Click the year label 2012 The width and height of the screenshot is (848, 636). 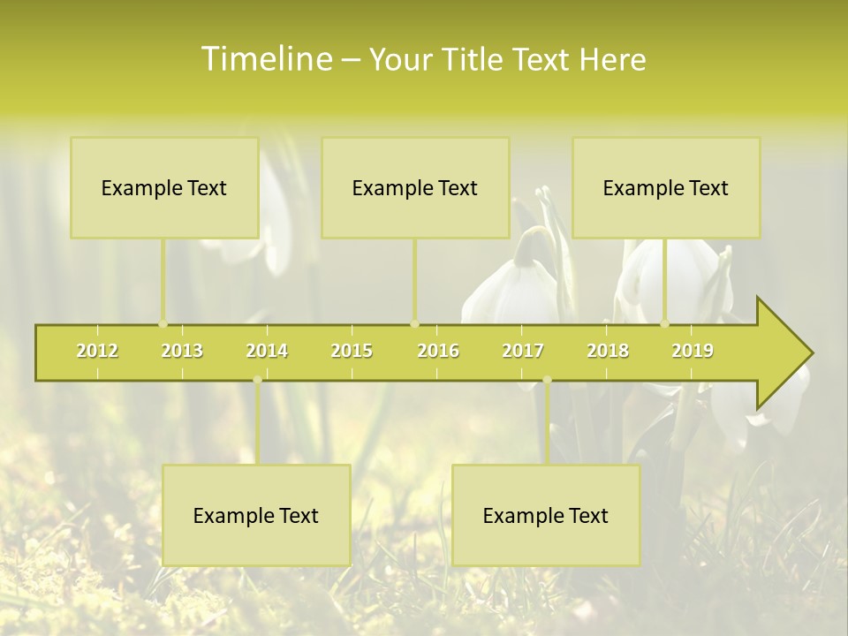tap(97, 351)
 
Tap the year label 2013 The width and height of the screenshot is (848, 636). tap(182, 351)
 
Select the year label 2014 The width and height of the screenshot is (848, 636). tap(267, 351)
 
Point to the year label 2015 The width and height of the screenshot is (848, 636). tap(352, 351)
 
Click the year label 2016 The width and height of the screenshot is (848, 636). tap(438, 351)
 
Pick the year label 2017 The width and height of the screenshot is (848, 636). tap(523, 351)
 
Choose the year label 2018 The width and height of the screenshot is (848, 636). tap(608, 351)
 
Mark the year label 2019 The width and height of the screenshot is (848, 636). tap(693, 351)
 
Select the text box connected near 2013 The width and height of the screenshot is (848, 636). tap(164, 187)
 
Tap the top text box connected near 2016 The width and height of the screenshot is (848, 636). tap(415, 187)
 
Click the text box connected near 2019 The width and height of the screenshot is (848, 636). tap(666, 187)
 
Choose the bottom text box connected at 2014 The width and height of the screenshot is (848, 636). tap(256, 515)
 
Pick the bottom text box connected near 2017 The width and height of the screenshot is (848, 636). tap(546, 515)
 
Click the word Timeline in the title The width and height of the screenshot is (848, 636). tap(265, 59)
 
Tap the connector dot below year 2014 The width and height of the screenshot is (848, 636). tap(257, 380)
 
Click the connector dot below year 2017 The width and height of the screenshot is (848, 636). tap(547, 380)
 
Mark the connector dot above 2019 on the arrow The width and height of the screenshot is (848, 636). tap(665, 323)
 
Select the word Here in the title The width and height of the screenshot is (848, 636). tap(612, 59)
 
